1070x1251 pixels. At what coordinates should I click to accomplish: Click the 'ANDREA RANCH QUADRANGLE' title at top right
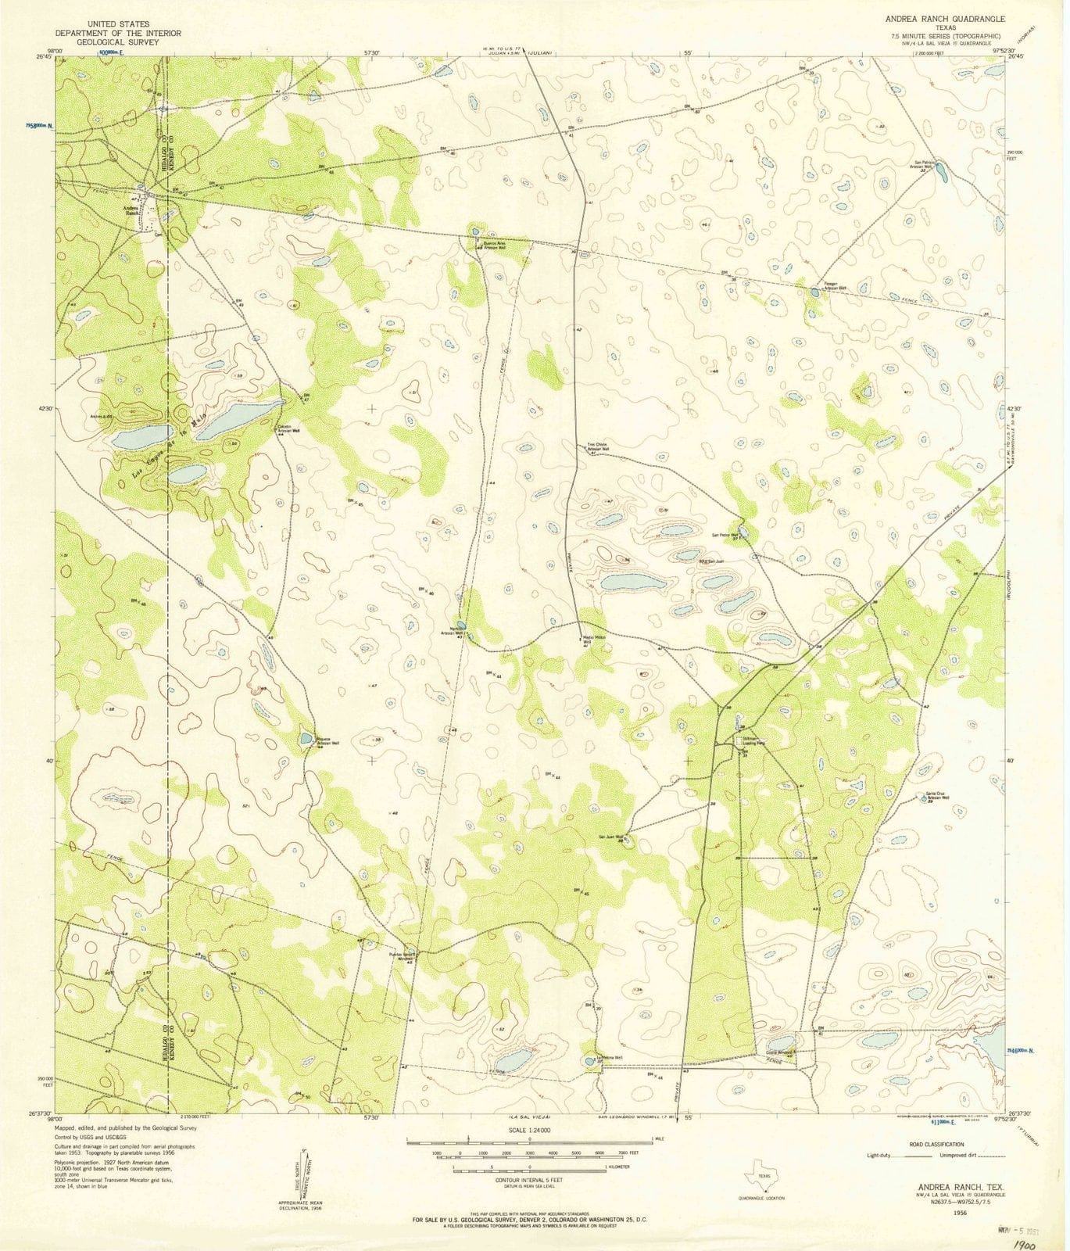pyautogui.click(x=944, y=18)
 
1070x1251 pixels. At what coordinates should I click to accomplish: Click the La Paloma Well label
pyautogui.click(x=610, y=1057)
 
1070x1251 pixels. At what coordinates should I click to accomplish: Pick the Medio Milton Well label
pyautogui.click(x=595, y=638)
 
